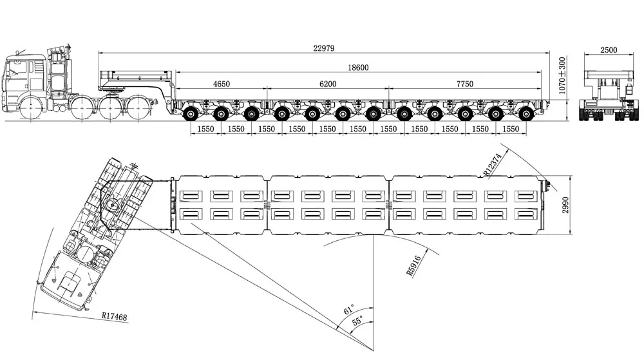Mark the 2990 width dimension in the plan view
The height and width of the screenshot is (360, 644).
[x=565, y=205]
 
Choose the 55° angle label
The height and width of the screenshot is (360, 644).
[x=357, y=319]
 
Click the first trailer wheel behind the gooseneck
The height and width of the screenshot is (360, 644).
[x=191, y=115]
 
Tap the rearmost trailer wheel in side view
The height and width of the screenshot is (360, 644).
[x=527, y=115]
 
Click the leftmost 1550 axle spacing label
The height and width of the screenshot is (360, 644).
[x=205, y=129]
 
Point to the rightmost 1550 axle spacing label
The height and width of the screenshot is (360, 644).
[x=511, y=129]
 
